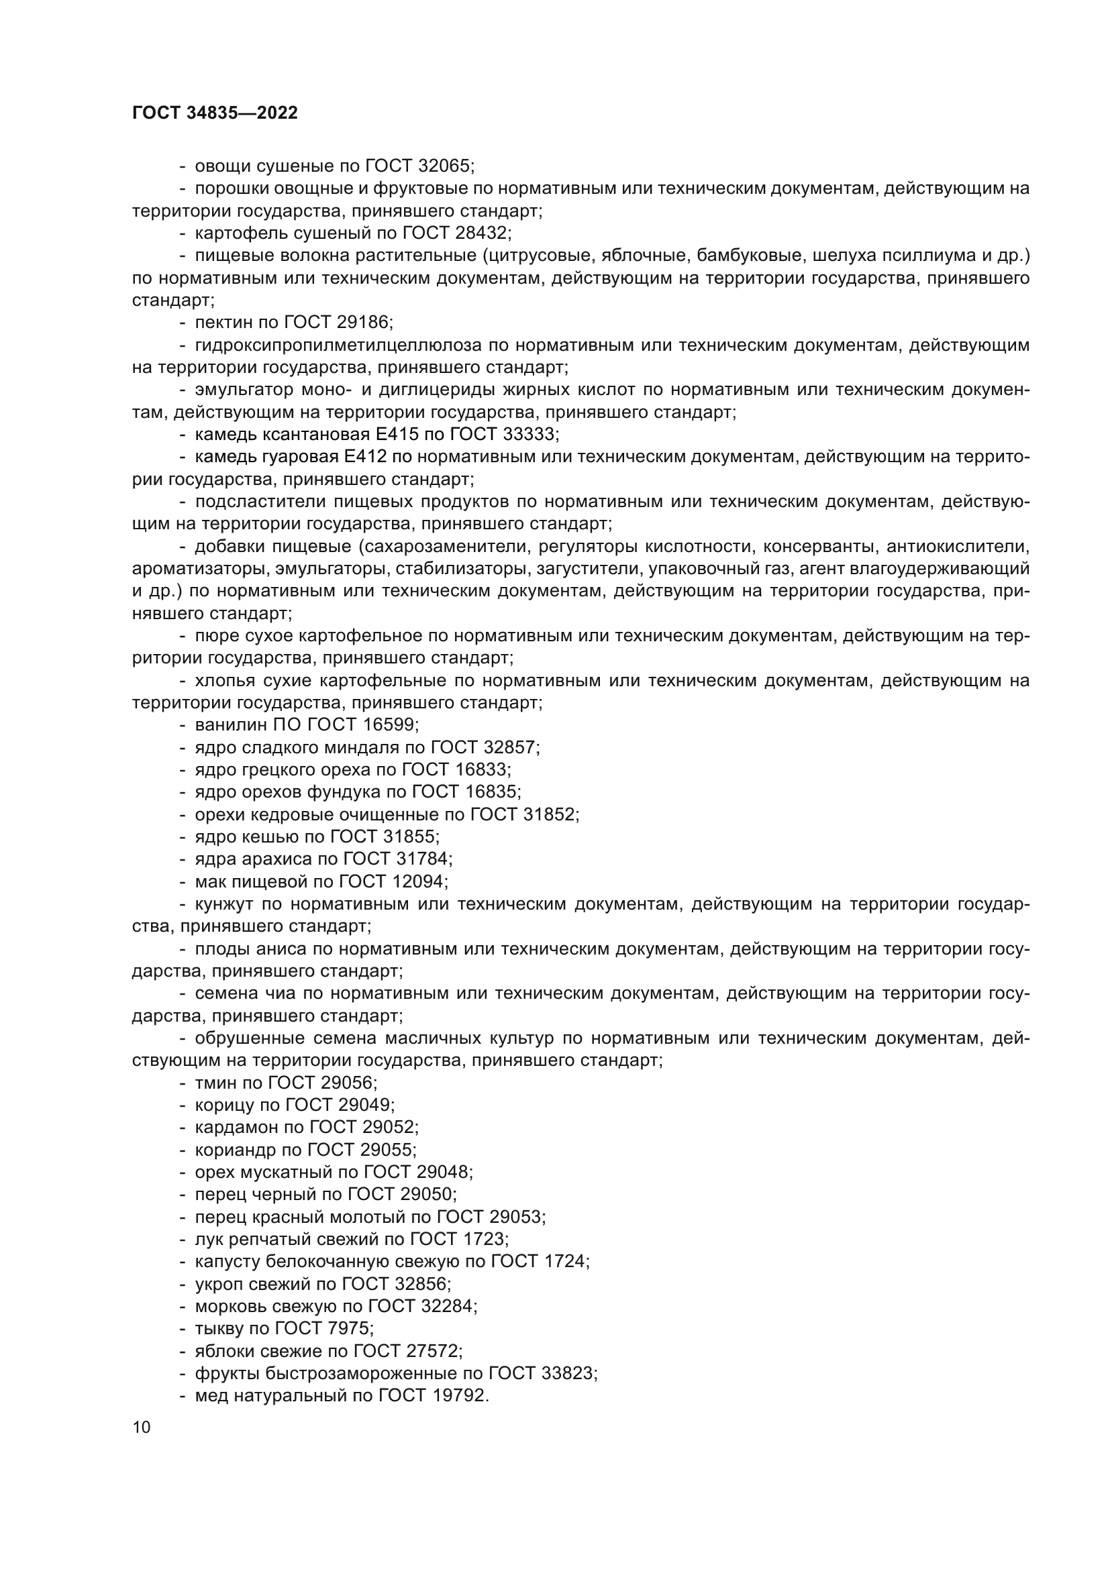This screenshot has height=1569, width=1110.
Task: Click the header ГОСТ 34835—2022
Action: tap(215, 113)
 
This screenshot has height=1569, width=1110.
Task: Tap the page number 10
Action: tap(142, 1427)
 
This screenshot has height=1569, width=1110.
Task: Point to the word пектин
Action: tap(219, 323)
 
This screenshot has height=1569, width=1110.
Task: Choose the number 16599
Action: tap(390, 724)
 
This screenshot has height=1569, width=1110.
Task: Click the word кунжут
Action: tap(223, 904)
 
